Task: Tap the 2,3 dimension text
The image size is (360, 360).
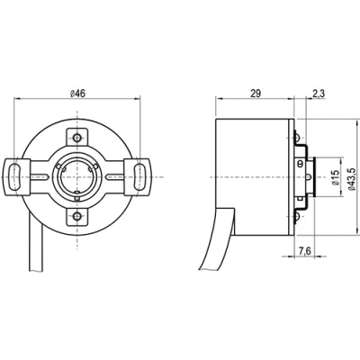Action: click(x=319, y=93)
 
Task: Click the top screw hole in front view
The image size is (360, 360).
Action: click(x=78, y=137)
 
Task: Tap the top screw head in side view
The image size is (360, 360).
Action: click(x=299, y=139)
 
